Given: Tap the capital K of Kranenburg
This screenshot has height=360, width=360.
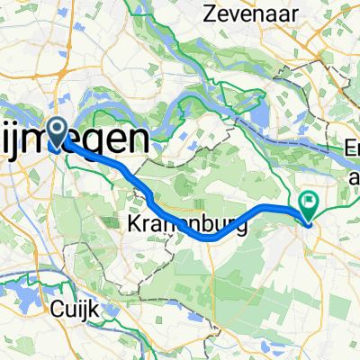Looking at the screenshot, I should pos(131,222).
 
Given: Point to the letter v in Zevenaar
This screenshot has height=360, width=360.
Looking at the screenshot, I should pos(236,15).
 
